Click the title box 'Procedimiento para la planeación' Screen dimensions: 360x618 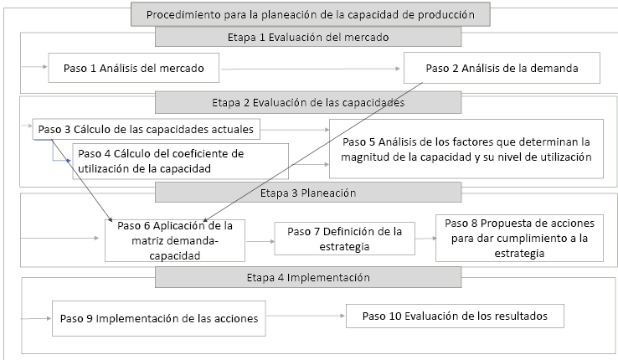309,15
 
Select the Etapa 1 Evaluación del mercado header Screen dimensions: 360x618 307,38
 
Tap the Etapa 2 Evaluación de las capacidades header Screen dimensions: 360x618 307,103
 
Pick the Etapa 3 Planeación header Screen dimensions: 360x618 307,193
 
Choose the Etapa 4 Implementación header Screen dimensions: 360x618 307,276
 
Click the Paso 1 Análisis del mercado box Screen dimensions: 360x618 134,67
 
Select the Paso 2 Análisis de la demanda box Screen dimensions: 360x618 502,67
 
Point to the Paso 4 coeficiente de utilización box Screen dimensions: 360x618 181,161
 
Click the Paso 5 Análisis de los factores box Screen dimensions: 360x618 466,149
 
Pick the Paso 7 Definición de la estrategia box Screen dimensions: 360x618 344,239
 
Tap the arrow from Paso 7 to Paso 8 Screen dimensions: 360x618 425,238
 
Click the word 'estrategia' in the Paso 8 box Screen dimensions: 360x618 517,253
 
